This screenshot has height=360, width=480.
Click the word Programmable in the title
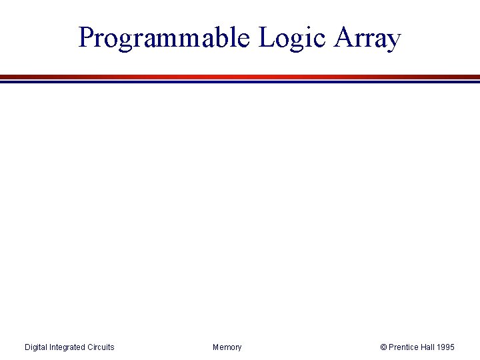pos(163,38)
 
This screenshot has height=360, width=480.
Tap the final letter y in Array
pos(393,41)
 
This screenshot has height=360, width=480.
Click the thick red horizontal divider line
pos(240,77)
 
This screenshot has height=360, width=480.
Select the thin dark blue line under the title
pos(240,82)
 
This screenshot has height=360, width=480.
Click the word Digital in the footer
pos(37,347)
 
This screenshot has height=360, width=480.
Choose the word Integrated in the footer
pos(69,347)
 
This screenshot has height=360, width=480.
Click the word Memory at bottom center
pos(227,347)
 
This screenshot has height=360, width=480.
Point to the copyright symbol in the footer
pos(383,347)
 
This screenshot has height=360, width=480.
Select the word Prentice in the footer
pos(404,347)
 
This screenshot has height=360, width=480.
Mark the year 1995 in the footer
pos(447,347)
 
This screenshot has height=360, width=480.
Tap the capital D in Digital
pos(27,347)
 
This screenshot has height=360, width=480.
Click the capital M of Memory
pos(216,347)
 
